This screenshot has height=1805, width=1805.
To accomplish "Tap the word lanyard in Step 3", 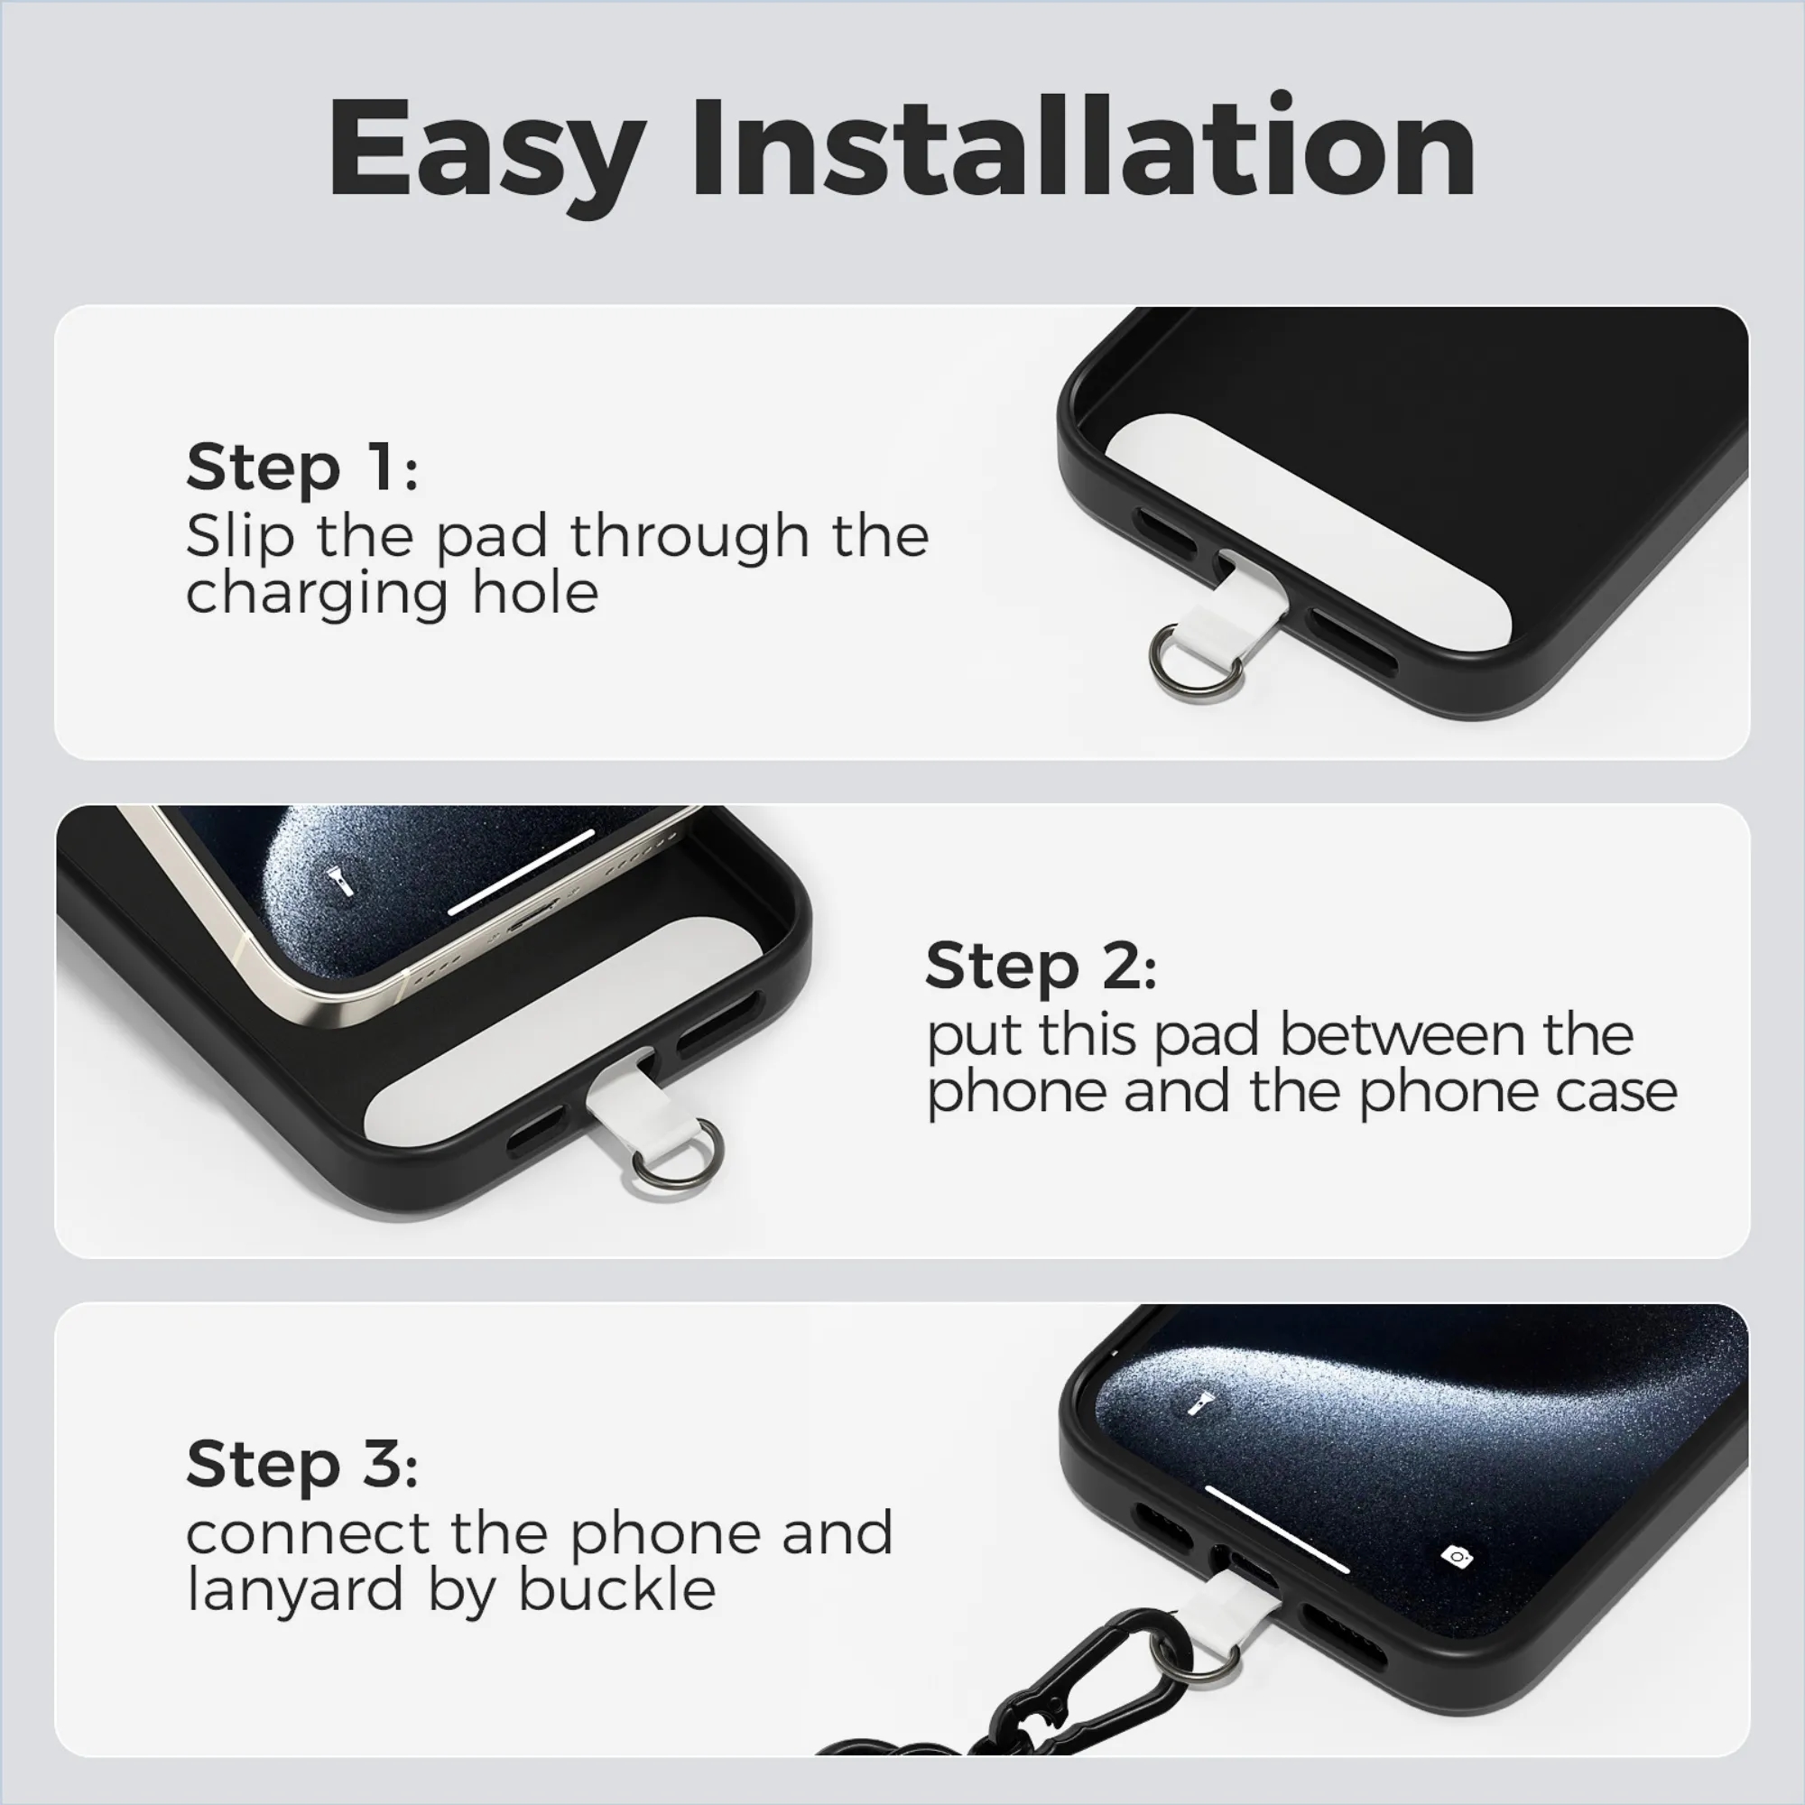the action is coord(294,1592).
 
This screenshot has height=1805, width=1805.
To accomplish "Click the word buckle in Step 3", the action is coord(616,1589).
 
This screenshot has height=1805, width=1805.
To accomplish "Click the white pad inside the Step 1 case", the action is coord(1308,523).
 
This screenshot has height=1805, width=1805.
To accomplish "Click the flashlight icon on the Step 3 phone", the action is coord(1199,1403).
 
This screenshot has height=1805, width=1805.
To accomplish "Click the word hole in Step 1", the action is coord(534,592).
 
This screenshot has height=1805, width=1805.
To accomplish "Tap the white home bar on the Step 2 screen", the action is coord(522,872).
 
